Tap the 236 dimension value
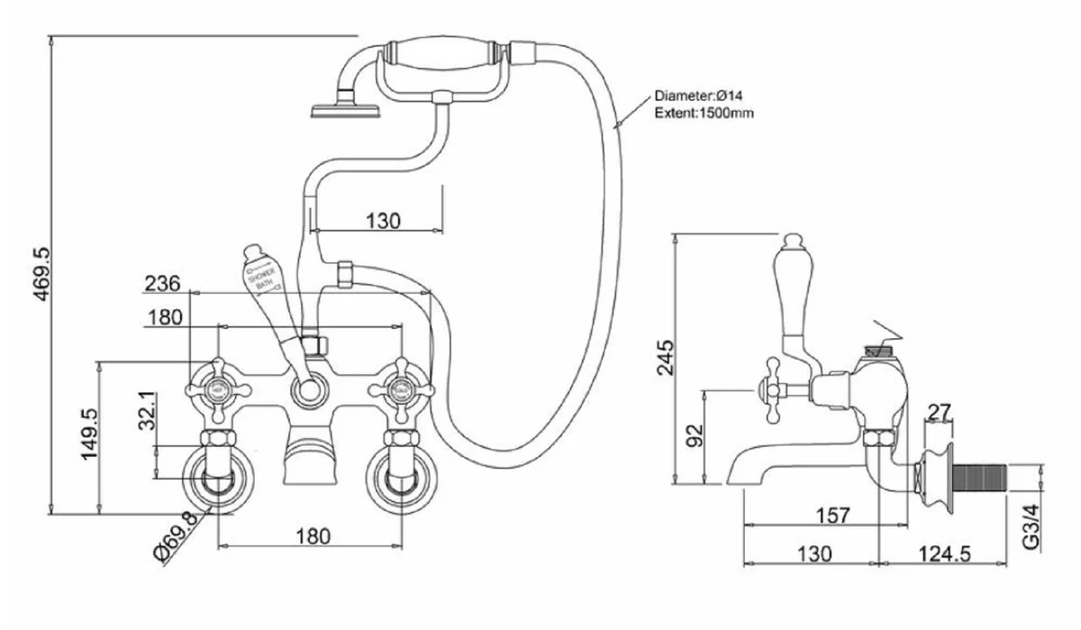click(162, 283)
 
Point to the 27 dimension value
click(939, 412)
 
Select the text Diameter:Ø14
click(697, 96)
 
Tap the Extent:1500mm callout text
click(704, 113)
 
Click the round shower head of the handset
click(346, 111)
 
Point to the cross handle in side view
click(773, 388)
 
